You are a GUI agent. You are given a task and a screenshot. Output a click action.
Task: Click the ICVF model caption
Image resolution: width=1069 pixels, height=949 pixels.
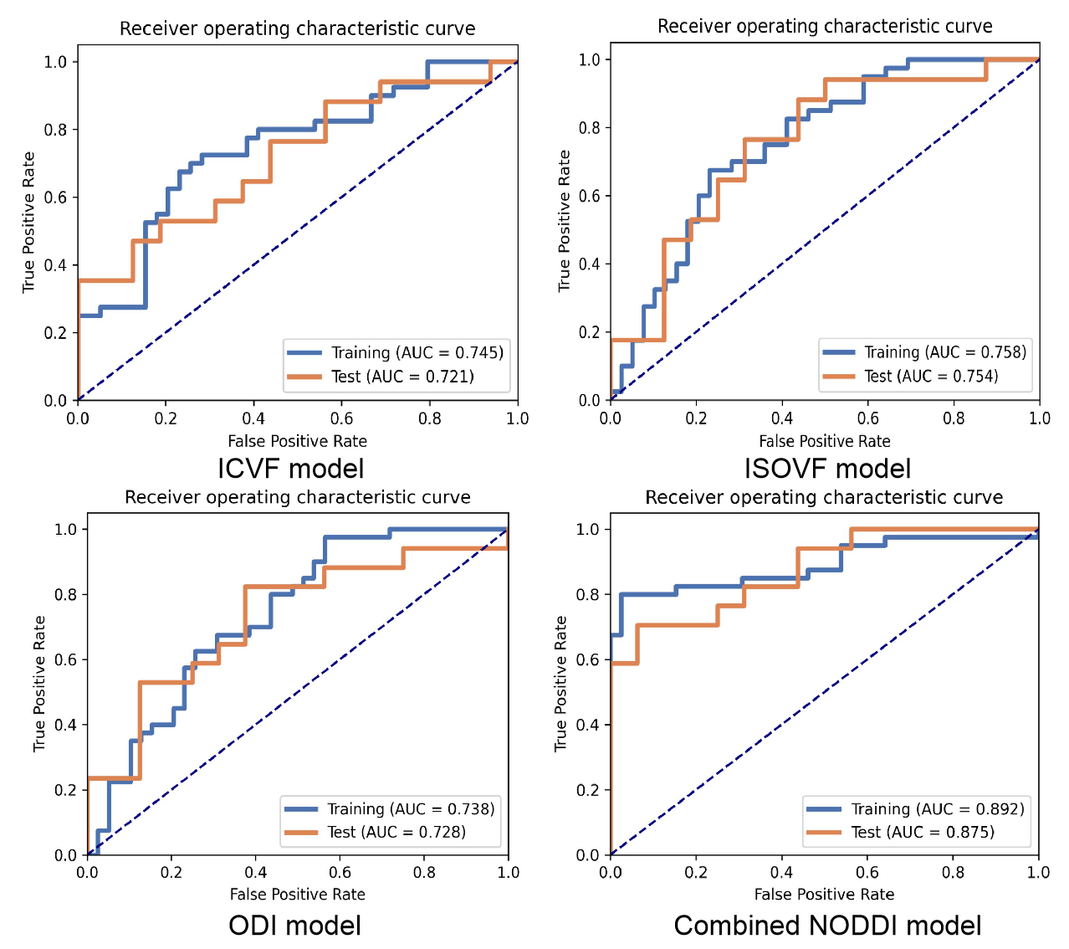click(x=291, y=468)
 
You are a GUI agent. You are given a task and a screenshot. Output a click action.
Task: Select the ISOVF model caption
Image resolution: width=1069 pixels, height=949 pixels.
click(x=827, y=468)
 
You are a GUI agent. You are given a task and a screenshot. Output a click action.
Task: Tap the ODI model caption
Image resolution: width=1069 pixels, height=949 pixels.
click(x=294, y=926)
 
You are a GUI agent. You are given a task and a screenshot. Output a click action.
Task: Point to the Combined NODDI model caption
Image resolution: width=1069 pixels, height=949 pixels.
click(x=827, y=926)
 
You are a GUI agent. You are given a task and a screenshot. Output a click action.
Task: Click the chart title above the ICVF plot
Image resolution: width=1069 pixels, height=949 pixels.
click(x=297, y=28)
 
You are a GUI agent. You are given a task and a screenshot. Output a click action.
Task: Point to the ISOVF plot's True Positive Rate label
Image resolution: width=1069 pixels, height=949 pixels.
click(x=565, y=221)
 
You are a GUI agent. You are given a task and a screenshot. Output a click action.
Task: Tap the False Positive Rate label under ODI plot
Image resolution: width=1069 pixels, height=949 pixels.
click(x=297, y=895)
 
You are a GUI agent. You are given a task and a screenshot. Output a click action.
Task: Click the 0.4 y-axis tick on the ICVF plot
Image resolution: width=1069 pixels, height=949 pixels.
click(x=55, y=265)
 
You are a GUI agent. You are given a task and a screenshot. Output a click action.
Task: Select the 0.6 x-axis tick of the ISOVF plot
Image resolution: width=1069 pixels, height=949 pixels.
click(x=867, y=418)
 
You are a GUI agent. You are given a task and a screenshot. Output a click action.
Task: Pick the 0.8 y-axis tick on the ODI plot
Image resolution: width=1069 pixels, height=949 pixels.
click(x=65, y=594)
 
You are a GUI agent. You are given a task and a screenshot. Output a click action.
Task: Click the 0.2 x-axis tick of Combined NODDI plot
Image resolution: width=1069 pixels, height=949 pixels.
click(x=696, y=872)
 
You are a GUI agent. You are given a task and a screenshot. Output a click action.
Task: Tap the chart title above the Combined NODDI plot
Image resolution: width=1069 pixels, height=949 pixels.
click(x=824, y=498)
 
